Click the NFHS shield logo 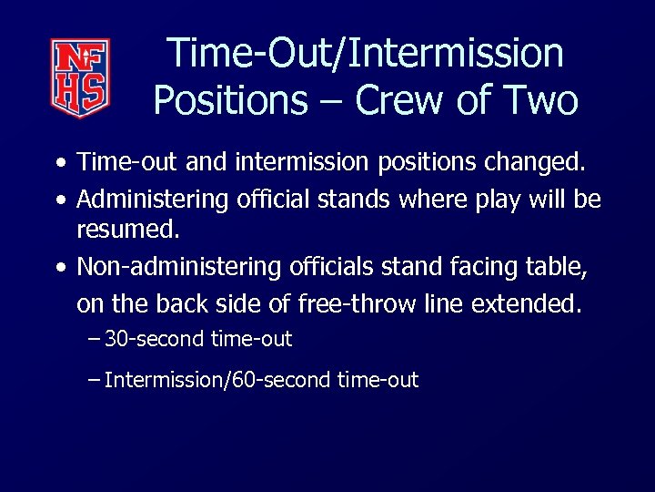pyautogui.click(x=80, y=77)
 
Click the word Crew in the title pyautogui.click(x=402, y=99)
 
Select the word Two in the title pyautogui.click(x=539, y=99)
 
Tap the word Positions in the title pyautogui.click(x=231, y=99)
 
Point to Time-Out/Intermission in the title pyautogui.click(x=366, y=53)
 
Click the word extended pyautogui.click(x=526, y=302)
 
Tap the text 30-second pyautogui.click(x=155, y=340)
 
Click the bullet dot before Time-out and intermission pyautogui.click(x=59, y=165)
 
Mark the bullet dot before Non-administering pyautogui.click(x=59, y=269)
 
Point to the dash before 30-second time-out pyautogui.click(x=96, y=340)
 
